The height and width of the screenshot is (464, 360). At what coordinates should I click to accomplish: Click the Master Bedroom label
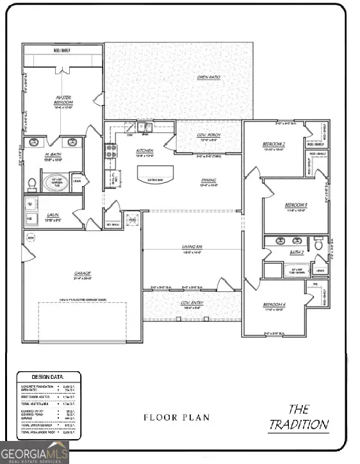[63, 100]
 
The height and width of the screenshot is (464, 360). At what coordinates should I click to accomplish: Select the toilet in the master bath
[31, 184]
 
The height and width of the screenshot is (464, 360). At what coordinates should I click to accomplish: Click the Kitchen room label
[145, 151]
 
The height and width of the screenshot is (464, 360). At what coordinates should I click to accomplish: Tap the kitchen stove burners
[110, 151]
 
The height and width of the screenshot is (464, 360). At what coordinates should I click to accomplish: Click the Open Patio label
[209, 78]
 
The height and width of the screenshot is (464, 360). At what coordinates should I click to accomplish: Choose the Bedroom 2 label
[274, 145]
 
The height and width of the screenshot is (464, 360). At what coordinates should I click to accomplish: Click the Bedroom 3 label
[296, 205]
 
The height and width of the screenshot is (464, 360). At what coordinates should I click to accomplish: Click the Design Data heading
[48, 377]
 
